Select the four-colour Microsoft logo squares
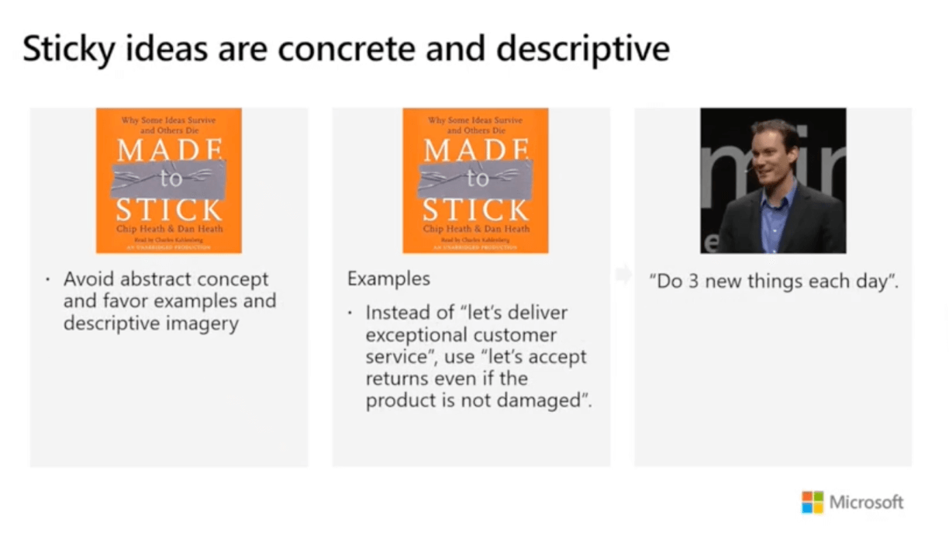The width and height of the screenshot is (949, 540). pyautogui.click(x=812, y=502)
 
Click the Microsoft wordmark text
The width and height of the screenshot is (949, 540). pyautogui.click(x=866, y=502)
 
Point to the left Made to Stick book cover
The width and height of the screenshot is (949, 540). pyautogui.click(x=168, y=180)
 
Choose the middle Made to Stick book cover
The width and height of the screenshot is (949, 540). pyautogui.click(x=474, y=180)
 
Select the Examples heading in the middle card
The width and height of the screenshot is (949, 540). pyautogui.click(x=388, y=279)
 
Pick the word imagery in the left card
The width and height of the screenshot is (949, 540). pyautogui.click(x=200, y=323)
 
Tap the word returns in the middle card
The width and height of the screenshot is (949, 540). pyautogui.click(x=395, y=379)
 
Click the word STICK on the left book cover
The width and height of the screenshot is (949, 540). pyautogui.click(x=168, y=210)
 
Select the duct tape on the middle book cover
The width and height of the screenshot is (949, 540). pyautogui.click(x=474, y=179)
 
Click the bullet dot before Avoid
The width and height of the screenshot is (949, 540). pyautogui.click(x=47, y=279)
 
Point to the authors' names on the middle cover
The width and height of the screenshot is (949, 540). pyautogui.click(x=475, y=229)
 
